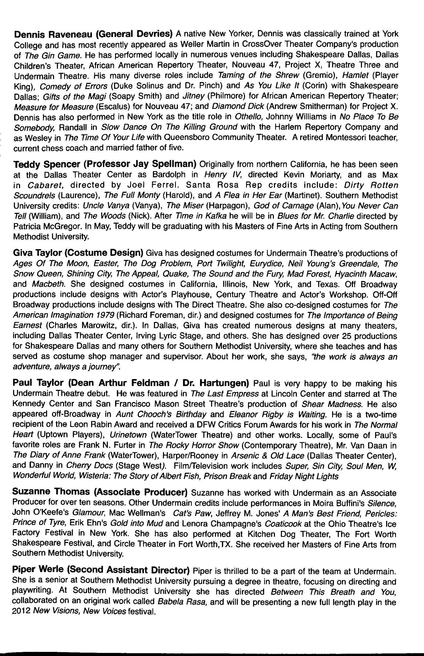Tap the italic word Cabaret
click(45, 185)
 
